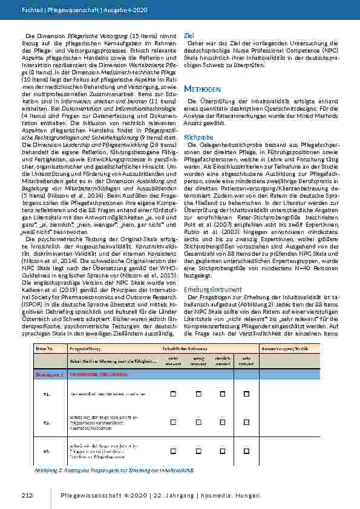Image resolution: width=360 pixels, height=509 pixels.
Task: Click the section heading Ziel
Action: coord(189,36)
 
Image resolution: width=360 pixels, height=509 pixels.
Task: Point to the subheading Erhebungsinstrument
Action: coord(208,290)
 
